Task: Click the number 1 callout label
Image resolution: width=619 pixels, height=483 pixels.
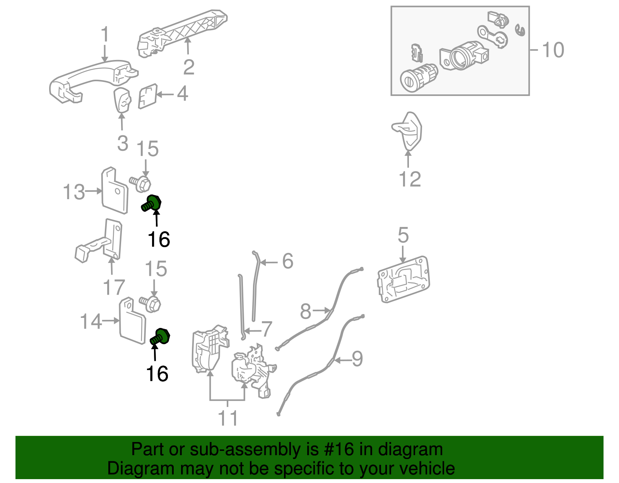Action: click(105, 35)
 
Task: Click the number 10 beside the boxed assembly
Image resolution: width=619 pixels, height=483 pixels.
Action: click(553, 50)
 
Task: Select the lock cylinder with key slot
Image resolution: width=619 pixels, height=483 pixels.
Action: click(418, 77)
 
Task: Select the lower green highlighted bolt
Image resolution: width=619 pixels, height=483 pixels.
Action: click(161, 336)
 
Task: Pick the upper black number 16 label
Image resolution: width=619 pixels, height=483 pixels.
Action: click(159, 239)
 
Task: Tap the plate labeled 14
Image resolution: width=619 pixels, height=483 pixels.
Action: click(132, 321)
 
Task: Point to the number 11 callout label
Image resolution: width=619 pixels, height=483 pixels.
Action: click(228, 418)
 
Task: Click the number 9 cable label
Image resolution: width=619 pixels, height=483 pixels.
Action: click(357, 358)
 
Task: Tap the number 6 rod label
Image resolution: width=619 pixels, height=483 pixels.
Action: click(287, 261)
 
